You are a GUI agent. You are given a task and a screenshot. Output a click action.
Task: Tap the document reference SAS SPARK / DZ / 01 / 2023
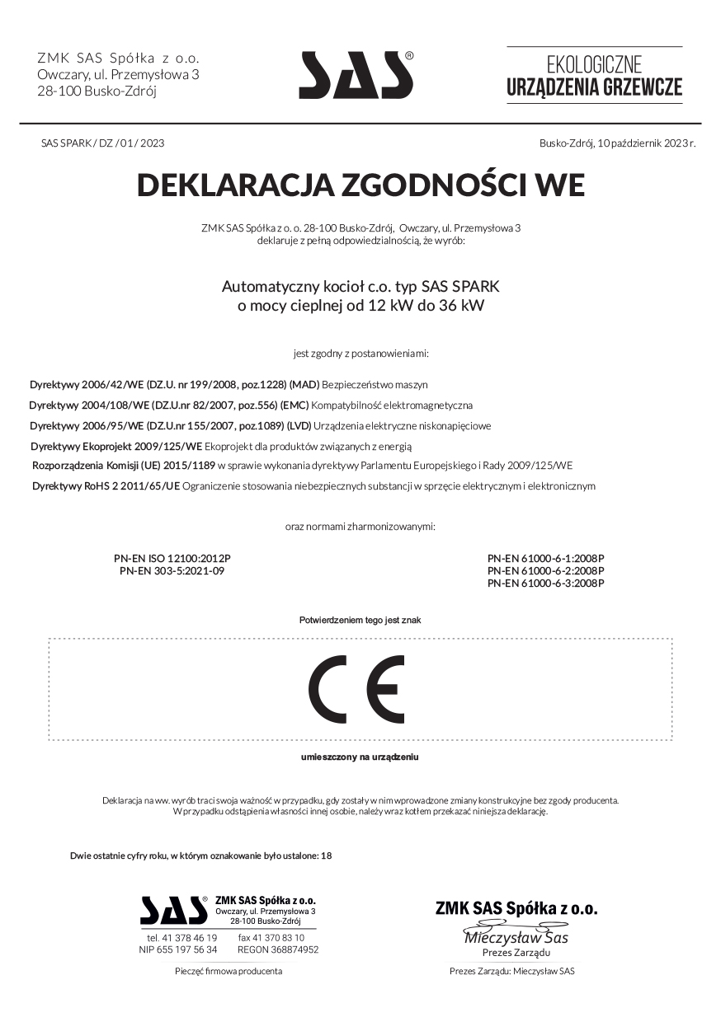tap(102, 143)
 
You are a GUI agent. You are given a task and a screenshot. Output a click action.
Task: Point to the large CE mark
tap(356, 690)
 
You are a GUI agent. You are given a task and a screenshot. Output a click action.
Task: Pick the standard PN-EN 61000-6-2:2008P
tap(546, 570)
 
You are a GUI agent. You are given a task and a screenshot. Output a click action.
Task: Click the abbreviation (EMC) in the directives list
tap(294, 406)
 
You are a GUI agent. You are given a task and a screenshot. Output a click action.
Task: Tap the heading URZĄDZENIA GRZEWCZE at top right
tap(594, 87)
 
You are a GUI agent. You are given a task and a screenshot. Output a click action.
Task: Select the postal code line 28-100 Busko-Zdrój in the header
tap(97, 91)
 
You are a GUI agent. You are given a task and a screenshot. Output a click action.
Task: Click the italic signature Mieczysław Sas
tap(516, 938)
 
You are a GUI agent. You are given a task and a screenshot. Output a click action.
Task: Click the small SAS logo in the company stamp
tap(173, 910)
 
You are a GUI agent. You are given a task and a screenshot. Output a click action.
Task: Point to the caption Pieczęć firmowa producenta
tap(229, 971)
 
